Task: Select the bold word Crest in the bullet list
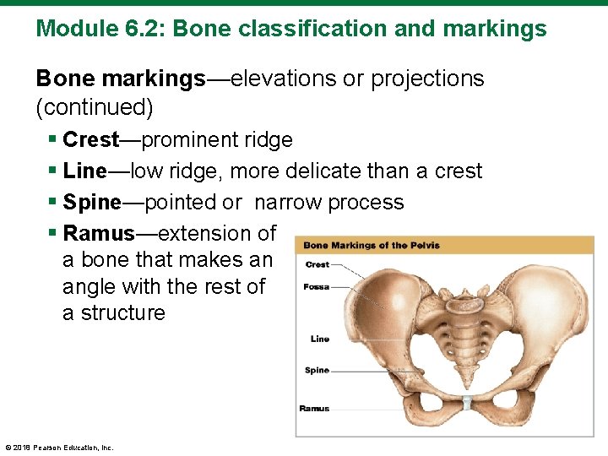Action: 91,139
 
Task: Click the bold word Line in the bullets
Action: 84,171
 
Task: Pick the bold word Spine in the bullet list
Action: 91,203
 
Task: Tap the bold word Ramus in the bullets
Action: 98,233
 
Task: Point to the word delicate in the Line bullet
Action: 323,171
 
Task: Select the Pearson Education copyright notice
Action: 58,448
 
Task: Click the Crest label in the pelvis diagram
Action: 317,264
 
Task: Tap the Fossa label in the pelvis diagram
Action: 316,287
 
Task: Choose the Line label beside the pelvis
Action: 319,339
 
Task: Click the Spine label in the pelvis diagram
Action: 317,370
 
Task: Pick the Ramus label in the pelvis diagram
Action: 314,409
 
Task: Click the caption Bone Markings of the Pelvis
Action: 371,246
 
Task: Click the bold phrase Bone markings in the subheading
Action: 121,79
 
